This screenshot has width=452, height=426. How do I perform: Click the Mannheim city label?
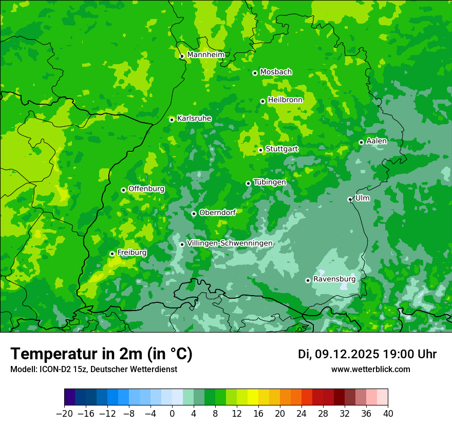[205, 55]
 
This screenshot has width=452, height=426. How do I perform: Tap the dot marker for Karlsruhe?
[172, 120]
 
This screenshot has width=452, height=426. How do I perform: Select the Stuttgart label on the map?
[281, 149]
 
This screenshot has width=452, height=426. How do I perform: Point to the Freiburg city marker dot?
[112, 254]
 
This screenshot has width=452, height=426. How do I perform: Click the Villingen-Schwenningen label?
[230, 243]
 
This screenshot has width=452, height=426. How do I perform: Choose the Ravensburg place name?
[334, 279]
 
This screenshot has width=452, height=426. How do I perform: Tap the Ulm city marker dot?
[350, 199]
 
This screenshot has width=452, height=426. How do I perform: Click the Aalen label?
[376, 141]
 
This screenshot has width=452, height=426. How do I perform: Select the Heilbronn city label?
[285, 100]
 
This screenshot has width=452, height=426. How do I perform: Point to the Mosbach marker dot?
[255, 73]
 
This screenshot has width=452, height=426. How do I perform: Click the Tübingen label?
[270, 182]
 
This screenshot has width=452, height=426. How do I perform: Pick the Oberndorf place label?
[217, 212]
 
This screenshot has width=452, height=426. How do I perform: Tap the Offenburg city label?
[146, 189]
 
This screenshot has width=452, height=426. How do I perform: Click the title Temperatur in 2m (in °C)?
[101, 354]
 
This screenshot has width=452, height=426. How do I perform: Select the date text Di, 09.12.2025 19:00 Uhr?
[367, 354]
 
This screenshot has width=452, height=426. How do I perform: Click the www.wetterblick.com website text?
[370, 369]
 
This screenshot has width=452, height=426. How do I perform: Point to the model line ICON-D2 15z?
[93, 369]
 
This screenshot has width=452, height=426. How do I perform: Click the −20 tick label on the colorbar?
[64, 414]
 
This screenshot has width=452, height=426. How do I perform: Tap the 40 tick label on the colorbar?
[388, 414]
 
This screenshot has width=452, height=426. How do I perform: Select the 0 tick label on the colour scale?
[172, 414]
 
